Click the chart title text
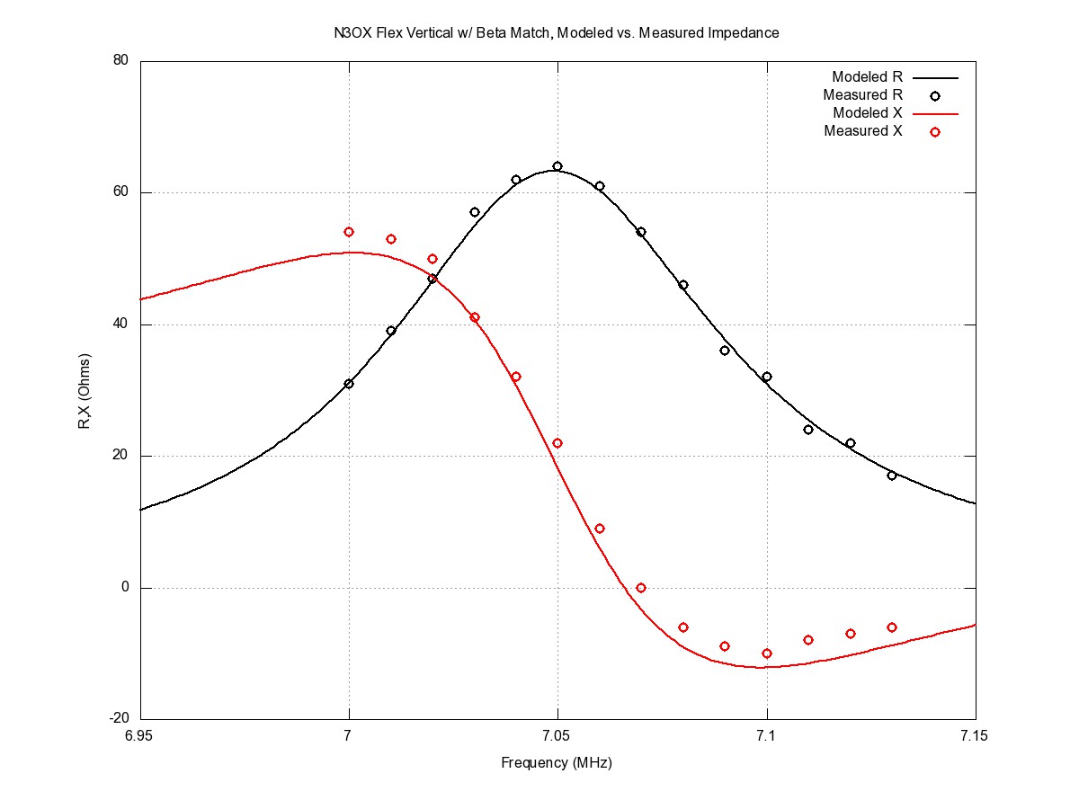pos(555,33)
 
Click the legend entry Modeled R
pos(867,77)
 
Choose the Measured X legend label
pos(864,131)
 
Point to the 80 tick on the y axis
pos(120,61)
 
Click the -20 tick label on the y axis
pos(118,719)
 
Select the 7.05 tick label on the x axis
pos(557,737)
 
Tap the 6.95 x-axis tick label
pos(140,737)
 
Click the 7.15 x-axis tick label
pos(976,737)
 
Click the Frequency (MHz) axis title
pos(557,763)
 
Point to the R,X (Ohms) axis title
pos(85,390)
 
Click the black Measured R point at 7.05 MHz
pos(557,166)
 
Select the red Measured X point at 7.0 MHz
pos(349,232)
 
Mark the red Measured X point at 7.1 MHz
pos(767,653)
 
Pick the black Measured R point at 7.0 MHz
pos(349,384)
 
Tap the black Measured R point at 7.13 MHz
pos(892,476)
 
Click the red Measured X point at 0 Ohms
pos(641,588)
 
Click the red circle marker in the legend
pos(935,131)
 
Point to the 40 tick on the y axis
pos(120,324)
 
